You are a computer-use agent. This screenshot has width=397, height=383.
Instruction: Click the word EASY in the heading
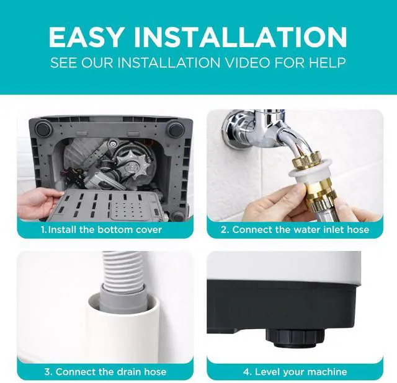[x=87, y=37]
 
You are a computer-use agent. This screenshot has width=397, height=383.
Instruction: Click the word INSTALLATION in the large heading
[x=241, y=37]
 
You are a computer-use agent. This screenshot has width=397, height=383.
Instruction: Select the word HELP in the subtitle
[x=327, y=63]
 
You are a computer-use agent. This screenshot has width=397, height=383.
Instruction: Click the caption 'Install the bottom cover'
[x=105, y=230]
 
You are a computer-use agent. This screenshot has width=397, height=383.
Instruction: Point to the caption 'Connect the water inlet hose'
[x=300, y=230]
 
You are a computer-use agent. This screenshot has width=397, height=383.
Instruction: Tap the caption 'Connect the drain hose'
[x=111, y=372]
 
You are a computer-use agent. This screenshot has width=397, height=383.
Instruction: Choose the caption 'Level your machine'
[x=301, y=372]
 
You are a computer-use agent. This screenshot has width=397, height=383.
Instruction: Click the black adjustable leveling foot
[x=295, y=338]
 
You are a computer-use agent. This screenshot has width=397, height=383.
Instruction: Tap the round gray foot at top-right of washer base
[x=176, y=130]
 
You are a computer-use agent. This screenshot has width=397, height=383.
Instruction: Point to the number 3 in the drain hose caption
[x=47, y=372]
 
